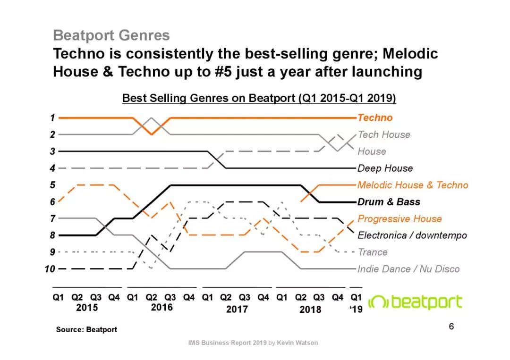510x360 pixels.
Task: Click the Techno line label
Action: pos(375,118)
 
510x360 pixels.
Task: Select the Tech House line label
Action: pos(384,134)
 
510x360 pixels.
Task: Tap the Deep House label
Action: pos(385,168)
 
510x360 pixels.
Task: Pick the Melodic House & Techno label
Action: pos(413,185)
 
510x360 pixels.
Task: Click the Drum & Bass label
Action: pos(389,202)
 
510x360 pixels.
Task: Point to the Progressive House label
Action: pos(399,219)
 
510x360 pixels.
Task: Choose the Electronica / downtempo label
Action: pos(412,235)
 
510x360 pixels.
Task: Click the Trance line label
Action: pos(373,252)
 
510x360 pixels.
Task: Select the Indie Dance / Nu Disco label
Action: pos(408,269)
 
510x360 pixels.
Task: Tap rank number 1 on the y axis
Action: pos(53,117)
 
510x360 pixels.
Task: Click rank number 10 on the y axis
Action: pos(50,269)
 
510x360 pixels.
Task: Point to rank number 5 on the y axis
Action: pos(53,185)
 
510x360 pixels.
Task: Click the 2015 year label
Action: pos(87,308)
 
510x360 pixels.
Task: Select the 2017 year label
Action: pos(237,310)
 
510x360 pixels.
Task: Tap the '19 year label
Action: pos(356,310)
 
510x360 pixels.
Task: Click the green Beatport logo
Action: pos(415,302)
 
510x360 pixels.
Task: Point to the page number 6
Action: pos(451,327)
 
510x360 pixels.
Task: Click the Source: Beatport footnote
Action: pos(86,329)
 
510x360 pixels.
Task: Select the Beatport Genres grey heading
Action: pos(111,35)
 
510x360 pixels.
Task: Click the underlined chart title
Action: pos(259,98)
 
